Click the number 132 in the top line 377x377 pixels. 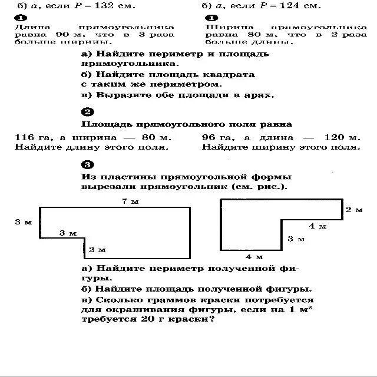(x=105, y=6)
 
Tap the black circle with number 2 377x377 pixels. (x=87, y=112)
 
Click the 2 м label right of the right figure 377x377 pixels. (x=353, y=210)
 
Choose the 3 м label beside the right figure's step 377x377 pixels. (x=296, y=239)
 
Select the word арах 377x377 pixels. (x=258, y=95)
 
